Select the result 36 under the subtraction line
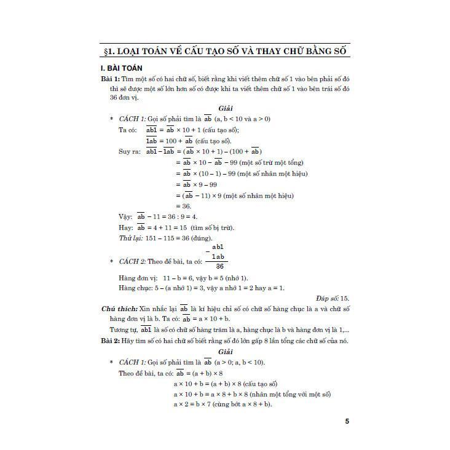click(218, 266)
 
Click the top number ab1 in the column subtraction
click(219, 246)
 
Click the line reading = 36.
click(184, 207)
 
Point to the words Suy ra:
click(128, 151)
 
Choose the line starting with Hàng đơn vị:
click(183, 278)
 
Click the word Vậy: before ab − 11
click(125, 217)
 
